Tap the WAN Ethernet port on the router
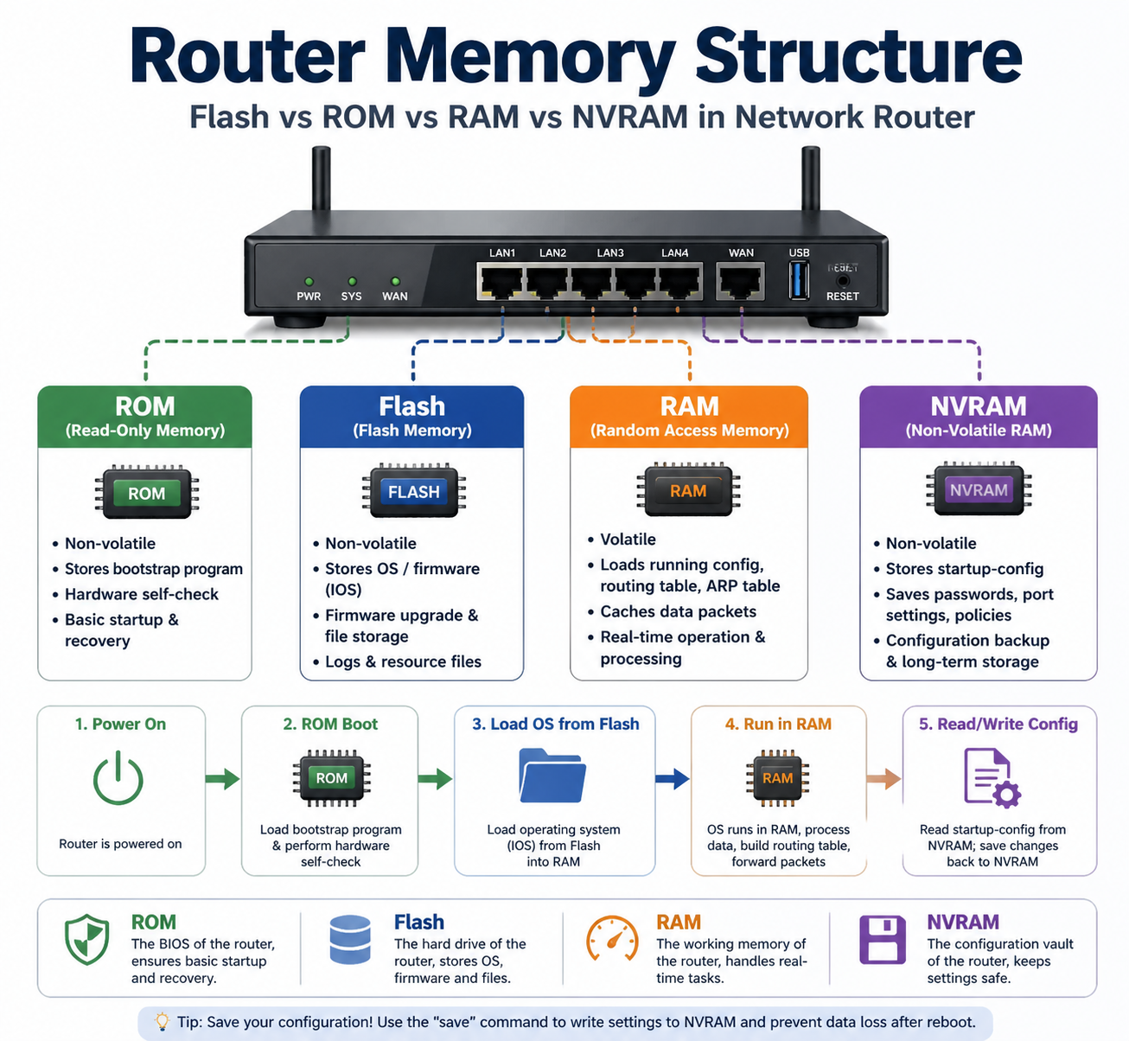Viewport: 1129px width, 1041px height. (x=740, y=282)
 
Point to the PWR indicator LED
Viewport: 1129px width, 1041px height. (x=309, y=282)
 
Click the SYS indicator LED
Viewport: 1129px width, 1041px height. (x=352, y=282)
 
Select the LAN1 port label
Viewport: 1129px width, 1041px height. (x=502, y=253)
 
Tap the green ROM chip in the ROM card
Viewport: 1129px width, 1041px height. (x=146, y=493)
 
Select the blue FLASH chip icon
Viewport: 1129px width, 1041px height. (x=413, y=492)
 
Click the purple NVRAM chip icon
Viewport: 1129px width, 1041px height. (x=979, y=490)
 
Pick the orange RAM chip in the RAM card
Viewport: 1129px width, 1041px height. (x=688, y=491)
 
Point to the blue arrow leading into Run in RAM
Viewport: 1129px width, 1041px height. (x=673, y=779)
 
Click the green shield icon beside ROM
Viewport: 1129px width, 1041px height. (x=87, y=940)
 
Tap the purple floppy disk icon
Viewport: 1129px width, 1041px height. (x=882, y=940)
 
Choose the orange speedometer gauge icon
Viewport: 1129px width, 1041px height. (x=612, y=939)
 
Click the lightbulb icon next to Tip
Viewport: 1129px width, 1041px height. (x=162, y=1021)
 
